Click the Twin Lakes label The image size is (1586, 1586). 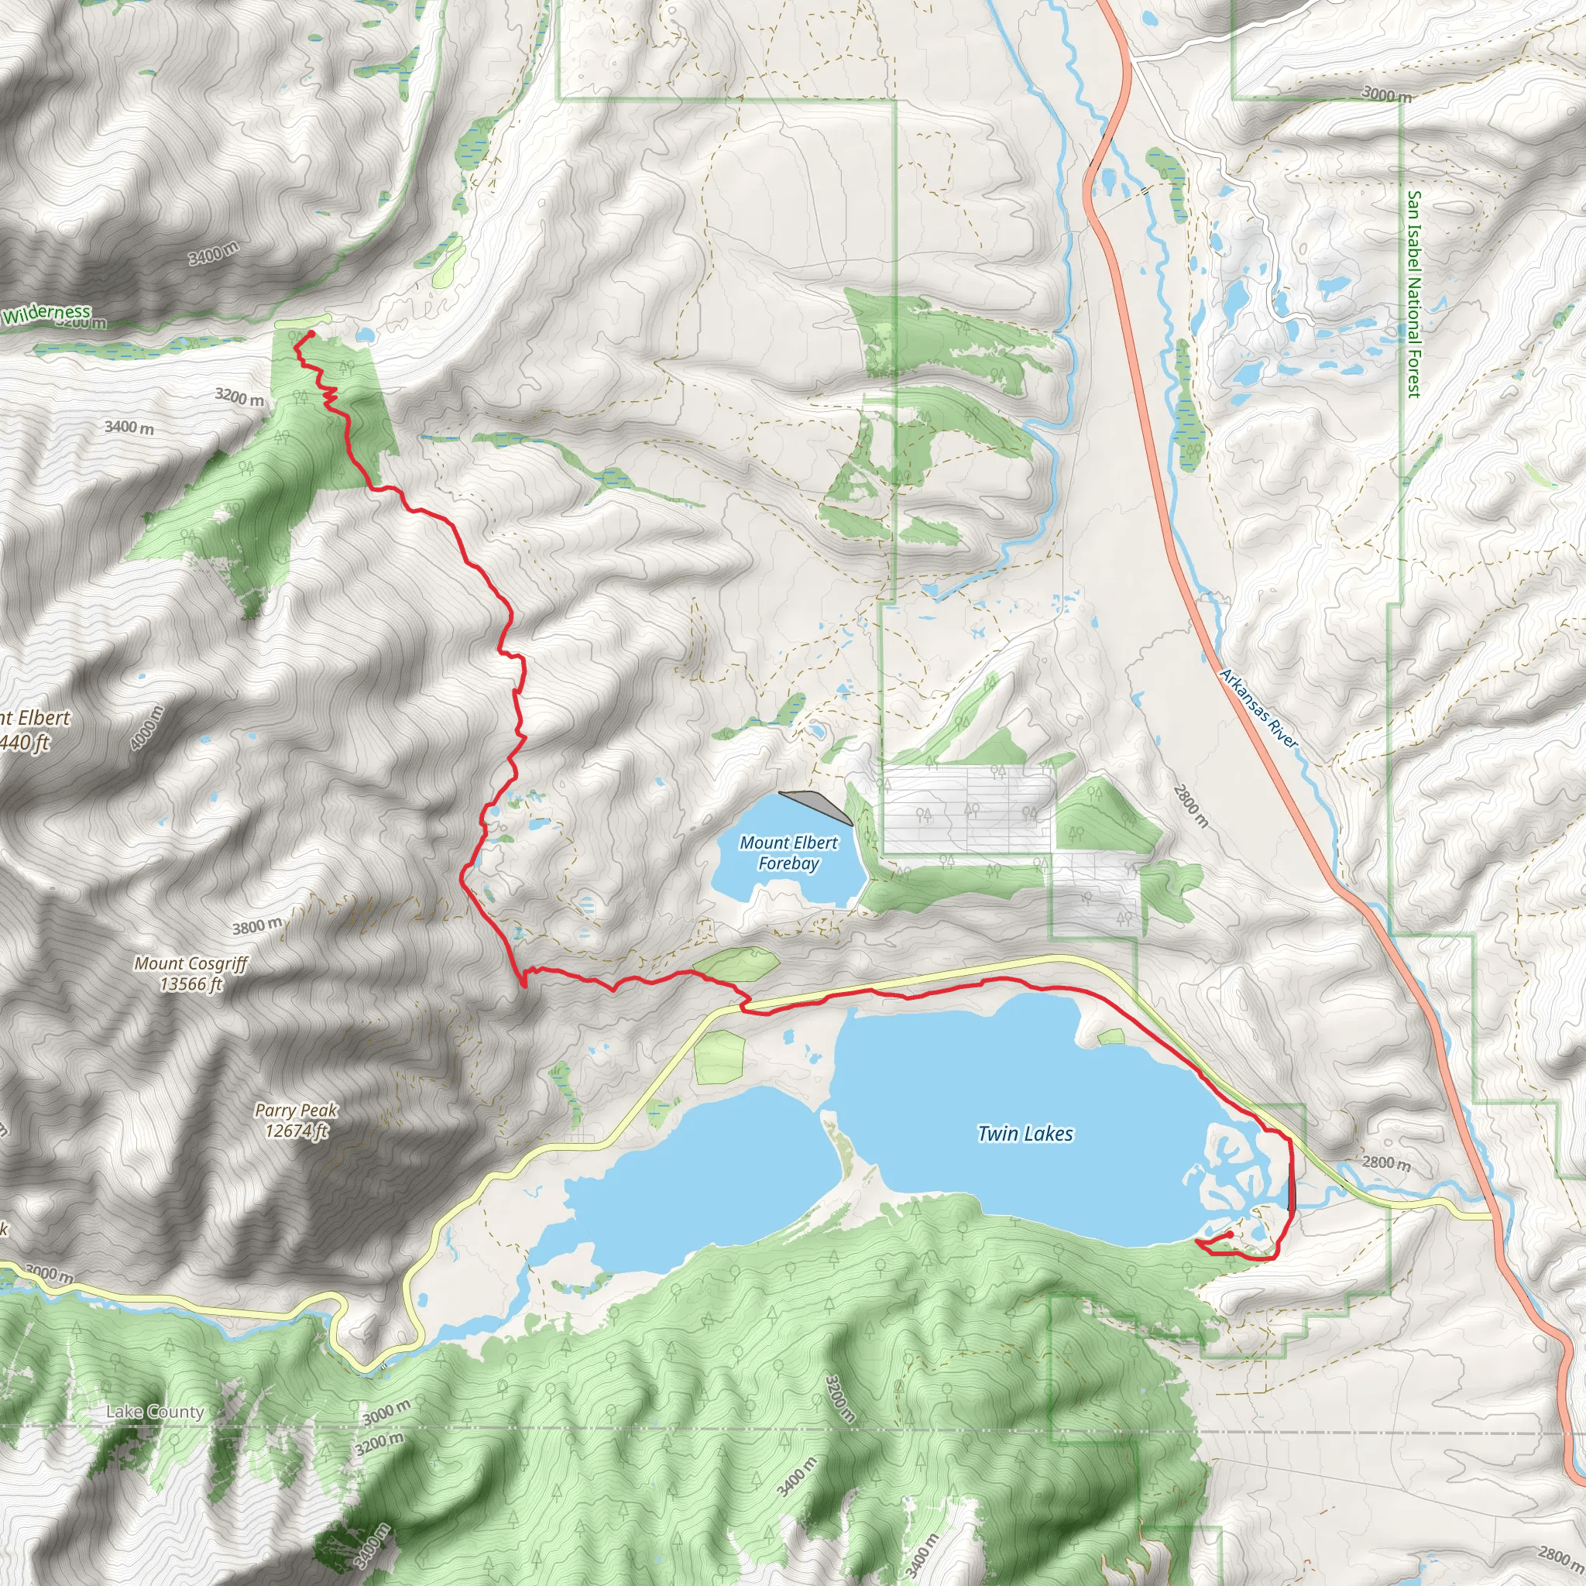(1025, 1134)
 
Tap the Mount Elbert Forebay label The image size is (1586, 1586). (788, 853)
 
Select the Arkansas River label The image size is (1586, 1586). (1259, 709)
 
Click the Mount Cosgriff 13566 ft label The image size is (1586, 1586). (191, 973)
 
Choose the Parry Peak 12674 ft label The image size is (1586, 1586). (296, 1121)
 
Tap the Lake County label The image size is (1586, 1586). (155, 1412)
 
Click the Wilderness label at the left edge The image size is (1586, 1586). (46, 313)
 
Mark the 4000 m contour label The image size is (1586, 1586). (147, 727)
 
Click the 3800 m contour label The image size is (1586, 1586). (257, 927)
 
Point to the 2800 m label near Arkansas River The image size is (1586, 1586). (1190, 806)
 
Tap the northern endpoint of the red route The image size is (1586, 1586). (312, 333)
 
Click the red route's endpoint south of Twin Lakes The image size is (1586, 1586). (1230, 1234)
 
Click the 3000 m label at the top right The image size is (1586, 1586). (1386, 94)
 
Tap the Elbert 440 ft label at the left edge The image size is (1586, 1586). (33, 729)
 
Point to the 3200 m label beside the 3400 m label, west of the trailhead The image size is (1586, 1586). (240, 397)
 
